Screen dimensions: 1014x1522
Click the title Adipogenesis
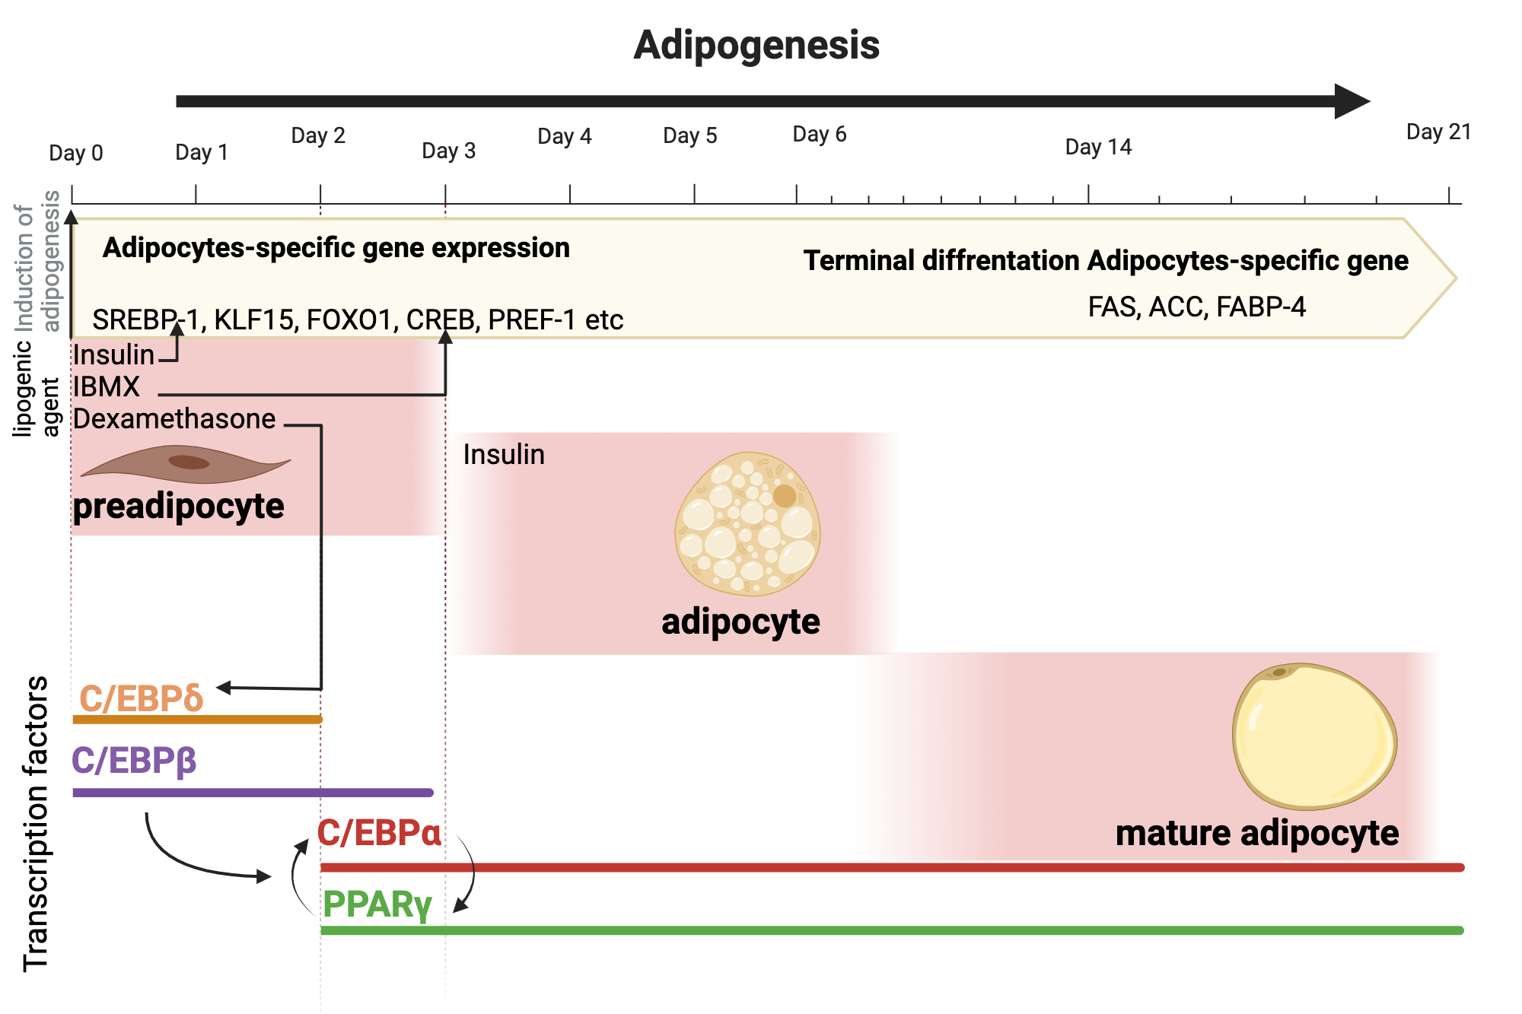[756, 45]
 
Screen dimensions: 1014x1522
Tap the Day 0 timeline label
[75, 153]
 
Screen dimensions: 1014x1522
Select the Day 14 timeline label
[1098, 147]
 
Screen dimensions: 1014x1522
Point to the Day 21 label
[1438, 132]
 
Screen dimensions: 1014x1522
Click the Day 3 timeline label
[448, 151]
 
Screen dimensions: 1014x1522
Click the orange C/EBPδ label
[142, 698]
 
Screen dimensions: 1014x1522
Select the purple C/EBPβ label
[134, 761]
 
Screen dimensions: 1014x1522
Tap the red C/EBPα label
[378, 833]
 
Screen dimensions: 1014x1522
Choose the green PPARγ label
[377, 904]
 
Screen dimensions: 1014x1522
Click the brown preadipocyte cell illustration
[186, 464]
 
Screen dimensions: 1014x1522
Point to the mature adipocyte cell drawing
[1314, 736]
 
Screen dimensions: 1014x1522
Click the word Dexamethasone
[174, 419]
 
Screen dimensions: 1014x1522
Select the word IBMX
[107, 387]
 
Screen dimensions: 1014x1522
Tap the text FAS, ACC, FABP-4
[1196, 307]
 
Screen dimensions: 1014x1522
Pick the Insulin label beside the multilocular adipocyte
[504, 455]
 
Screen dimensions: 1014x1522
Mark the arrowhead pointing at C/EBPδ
[224, 688]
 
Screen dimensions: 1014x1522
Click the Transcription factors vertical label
[36, 824]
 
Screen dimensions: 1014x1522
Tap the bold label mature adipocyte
[1256, 834]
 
